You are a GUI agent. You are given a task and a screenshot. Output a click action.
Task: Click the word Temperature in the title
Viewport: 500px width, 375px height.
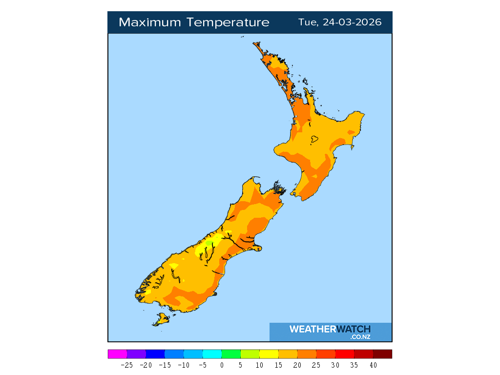[x=233, y=22]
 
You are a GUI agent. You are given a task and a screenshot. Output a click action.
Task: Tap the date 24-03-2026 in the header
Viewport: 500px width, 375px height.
[x=352, y=22]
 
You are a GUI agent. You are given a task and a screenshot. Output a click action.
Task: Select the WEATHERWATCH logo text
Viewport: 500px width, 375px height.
[x=330, y=329]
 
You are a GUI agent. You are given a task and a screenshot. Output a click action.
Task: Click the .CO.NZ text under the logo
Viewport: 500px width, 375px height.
[x=360, y=337]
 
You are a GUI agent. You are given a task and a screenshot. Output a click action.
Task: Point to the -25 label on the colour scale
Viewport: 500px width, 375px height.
[x=127, y=365]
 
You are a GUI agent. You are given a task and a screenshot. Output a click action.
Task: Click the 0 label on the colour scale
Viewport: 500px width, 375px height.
[x=222, y=365]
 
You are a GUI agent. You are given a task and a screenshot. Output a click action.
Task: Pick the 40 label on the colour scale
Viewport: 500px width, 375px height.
[x=373, y=365]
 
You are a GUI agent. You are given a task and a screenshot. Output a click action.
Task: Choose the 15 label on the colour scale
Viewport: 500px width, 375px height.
[x=278, y=365]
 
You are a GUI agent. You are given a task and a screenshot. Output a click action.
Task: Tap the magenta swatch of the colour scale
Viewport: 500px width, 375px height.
[x=117, y=354]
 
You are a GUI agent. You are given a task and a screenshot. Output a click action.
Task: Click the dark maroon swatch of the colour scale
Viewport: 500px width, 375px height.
[x=382, y=354]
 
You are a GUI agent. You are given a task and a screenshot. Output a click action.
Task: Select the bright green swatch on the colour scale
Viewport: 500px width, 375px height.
[x=231, y=354]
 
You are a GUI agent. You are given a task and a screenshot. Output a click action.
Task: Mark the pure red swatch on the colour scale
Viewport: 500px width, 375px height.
[x=345, y=354]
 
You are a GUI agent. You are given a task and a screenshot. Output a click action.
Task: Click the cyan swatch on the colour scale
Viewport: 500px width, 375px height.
[x=212, y=354]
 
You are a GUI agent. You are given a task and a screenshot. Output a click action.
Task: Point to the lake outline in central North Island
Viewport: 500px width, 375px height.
[x=314, y=140]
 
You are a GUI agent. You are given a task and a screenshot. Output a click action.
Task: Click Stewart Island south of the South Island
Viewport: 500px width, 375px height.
[x=162, y=319]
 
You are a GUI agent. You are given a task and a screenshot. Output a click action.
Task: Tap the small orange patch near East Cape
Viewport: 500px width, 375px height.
[x=351, y=132]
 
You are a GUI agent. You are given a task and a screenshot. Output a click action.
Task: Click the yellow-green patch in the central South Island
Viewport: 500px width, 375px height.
[x=209, y=243]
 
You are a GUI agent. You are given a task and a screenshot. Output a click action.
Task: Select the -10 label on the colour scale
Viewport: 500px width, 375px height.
[x=184, y=365]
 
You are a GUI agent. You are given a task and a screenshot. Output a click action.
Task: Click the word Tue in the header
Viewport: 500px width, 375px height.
[x=308, y=22]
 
